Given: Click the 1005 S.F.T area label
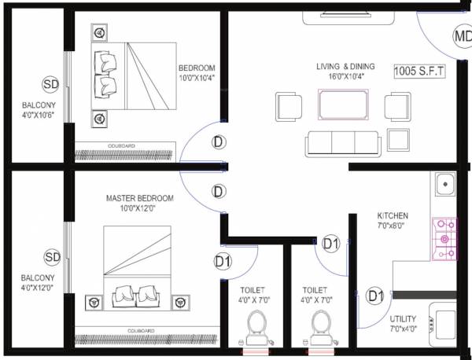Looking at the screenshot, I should tap(420, 72).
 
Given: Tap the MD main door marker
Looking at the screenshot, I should tap(462, 35).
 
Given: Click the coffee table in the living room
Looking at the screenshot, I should tap(341, 105).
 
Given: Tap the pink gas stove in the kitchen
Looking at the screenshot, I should tap(444, 238).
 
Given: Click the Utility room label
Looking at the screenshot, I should tap(404, 325).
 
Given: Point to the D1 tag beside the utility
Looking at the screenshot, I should tap(376, 296).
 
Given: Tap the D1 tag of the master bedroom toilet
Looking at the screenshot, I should tap(223, 261).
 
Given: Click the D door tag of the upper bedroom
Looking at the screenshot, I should tap(218, 142).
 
